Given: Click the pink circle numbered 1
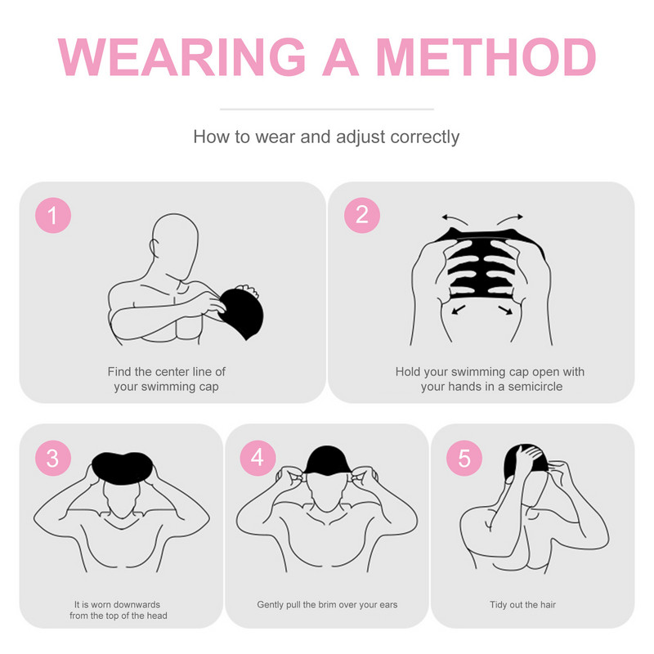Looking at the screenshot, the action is point(53,215).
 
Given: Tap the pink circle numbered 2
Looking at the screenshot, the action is point(362,215).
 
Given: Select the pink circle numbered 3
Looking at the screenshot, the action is point(53,458).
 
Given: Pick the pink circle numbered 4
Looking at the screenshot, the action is point(258,458).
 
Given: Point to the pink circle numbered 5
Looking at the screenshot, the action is point(464,458).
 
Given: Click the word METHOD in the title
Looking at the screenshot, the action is point(486,57).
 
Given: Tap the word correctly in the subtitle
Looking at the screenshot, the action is point(425,137).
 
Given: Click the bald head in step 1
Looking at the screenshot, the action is point(175,244).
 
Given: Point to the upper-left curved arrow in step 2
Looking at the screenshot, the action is point(455,219).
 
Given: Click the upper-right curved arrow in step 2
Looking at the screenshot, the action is point(509,219).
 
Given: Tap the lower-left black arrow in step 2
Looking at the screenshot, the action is point(459,310).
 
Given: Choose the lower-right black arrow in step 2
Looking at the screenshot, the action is point(505,310).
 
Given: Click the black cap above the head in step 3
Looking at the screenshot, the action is point(122,468).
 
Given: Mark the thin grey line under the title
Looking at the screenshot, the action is point(327,110).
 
